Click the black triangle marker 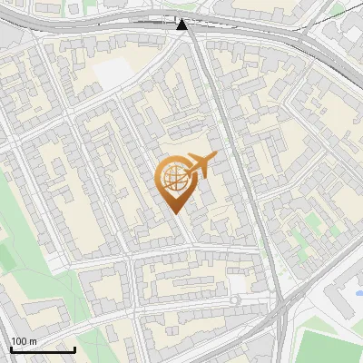coord(182,25)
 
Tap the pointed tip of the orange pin coord(174,211)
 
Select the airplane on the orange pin coord(200,165)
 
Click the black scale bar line coord(42,349)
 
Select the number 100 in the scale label coord(18,341)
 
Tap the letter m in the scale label coord(33,341)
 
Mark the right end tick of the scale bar coord(75,348)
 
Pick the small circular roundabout coord(236,299)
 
